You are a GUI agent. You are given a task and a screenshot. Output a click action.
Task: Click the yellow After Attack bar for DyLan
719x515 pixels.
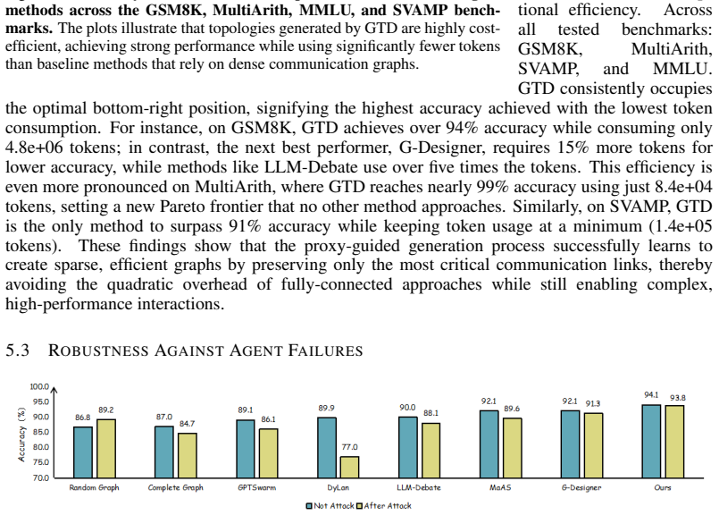(349, 468)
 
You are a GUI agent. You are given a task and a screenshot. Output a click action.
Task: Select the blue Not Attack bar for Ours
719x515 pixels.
(651, 442)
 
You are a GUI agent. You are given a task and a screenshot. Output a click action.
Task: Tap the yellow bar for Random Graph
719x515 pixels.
(106, 449)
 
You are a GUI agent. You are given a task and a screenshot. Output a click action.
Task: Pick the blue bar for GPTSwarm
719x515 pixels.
(246, 449)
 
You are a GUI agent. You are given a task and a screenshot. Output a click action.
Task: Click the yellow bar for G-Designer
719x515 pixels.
(593, 445)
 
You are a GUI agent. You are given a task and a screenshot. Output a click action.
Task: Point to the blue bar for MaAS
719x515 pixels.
(489, 444)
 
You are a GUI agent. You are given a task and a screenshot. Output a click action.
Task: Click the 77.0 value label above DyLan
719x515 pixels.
(350, 447)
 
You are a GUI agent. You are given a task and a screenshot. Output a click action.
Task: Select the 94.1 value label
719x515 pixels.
(651, 394)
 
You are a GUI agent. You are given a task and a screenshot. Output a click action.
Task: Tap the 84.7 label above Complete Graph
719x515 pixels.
(187, 424)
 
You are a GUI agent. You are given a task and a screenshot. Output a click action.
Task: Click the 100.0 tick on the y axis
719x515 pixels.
(39, 386)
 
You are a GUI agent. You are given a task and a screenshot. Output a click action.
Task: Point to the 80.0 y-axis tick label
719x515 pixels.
(41, 447)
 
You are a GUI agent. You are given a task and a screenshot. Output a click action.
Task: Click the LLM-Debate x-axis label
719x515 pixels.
(419, 487)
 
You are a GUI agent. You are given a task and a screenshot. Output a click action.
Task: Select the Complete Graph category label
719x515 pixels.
(176, 487)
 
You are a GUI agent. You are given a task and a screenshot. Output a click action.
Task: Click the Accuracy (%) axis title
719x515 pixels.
(21, 435)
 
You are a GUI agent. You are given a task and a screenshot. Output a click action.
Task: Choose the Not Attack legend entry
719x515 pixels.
(330, 506)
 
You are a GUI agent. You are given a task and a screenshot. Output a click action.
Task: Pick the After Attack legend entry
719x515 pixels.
(384, 506)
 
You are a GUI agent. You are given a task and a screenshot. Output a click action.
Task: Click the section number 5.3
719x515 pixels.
(18, 350)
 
